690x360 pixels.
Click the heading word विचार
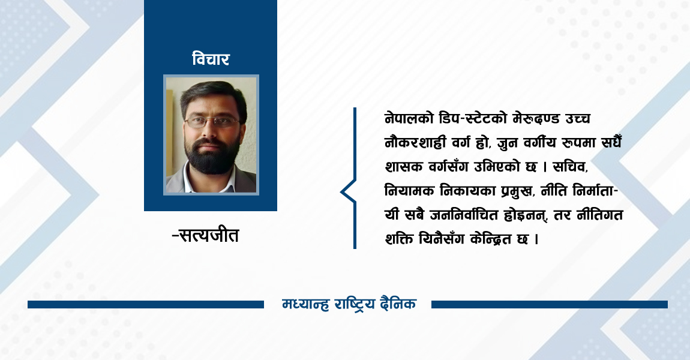211,59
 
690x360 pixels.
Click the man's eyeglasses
212,122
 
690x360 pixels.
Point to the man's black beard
211,158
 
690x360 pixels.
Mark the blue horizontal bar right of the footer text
549,304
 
